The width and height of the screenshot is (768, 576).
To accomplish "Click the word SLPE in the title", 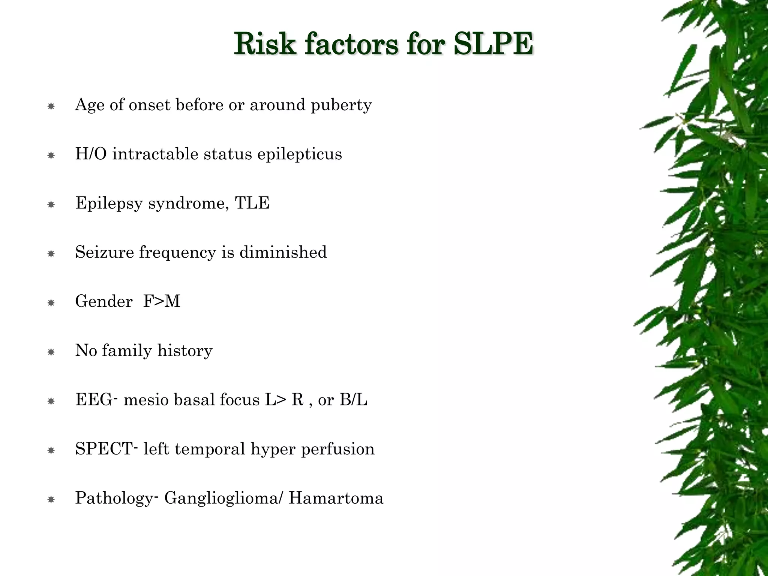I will [493, 44].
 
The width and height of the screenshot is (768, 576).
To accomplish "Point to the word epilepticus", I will [299, 154].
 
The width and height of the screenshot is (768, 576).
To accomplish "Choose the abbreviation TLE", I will [252, 203].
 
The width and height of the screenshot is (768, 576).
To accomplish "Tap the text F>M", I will [162, 301].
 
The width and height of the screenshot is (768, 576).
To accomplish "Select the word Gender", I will [104, 301].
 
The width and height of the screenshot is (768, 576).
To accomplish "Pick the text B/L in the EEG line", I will [353, 400].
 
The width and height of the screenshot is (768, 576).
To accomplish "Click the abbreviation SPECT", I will [104, 449].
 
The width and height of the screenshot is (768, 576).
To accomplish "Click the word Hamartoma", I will [336, 498].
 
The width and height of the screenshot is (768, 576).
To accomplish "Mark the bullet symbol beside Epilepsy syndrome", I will [51, 205].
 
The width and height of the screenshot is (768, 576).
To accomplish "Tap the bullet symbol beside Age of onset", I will [51, 106].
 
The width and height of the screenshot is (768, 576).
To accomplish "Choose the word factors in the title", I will [351, 44].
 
